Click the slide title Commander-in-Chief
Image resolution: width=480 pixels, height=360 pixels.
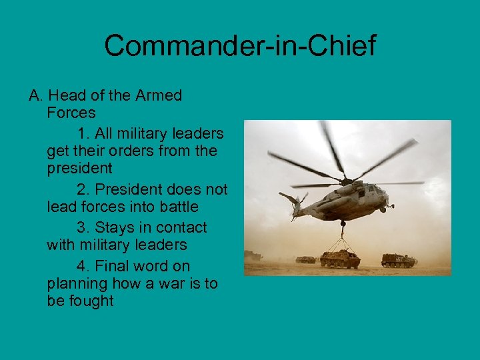[240, 46]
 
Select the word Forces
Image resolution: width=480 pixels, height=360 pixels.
[71, 113]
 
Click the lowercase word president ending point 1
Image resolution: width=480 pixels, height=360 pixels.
[79, 169]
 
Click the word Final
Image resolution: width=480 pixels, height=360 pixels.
[115, 266]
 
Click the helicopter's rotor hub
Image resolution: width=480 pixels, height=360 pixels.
[346, 179]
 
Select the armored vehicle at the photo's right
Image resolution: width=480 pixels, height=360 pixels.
[397, 260]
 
